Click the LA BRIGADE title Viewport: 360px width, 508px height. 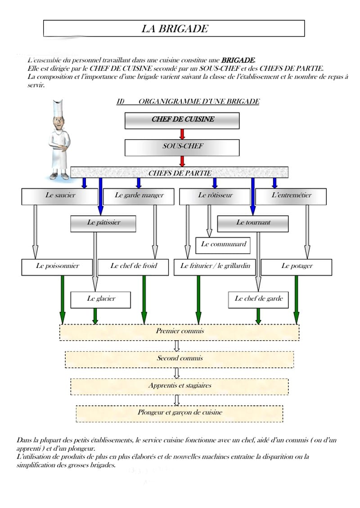pos(175,28)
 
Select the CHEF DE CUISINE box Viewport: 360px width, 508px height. pos(182,120)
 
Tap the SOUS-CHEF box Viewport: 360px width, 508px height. pos(182,148)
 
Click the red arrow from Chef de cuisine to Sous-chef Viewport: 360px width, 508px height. pos(182,134)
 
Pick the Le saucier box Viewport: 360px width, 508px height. pos(60,196)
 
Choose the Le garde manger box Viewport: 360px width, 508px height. pos(139,196)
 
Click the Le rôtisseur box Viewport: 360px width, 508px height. pos(215,196)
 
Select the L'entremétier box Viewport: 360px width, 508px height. pos(291,196)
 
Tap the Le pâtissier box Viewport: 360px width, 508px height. pos(103,224)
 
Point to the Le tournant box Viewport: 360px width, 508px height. pos(253,224)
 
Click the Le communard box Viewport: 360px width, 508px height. pos(223,245)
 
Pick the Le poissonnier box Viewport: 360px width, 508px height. pos(57,267)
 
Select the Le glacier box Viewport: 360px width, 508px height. pos(101,300)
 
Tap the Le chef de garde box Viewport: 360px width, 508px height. pos(258,300)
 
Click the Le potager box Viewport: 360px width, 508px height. pos(297,267)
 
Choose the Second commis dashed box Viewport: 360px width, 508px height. pos(180,359)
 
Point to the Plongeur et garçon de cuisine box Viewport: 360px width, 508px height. pos(180,414)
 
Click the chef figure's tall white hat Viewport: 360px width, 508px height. pos(58,108)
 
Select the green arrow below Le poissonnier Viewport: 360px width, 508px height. pos(63,300)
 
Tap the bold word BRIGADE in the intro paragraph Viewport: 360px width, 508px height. pos(238,60)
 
